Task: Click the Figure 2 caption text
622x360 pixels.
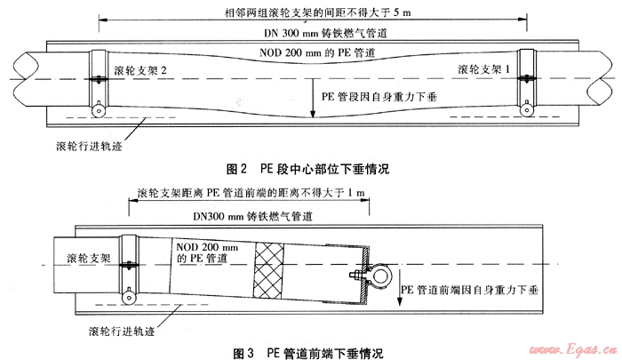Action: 308,166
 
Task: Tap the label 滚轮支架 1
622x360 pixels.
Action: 488,68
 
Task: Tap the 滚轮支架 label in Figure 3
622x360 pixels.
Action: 90,259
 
